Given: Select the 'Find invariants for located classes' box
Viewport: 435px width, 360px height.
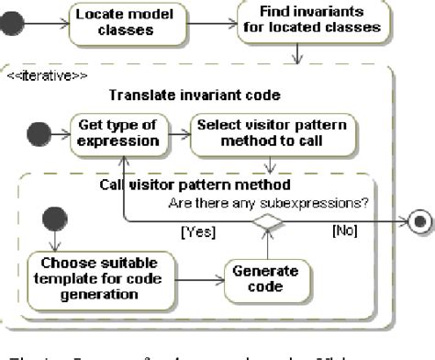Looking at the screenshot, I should click(x=310, y=20).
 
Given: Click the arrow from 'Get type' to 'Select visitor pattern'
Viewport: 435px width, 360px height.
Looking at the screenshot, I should click(x=178, y=133).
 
